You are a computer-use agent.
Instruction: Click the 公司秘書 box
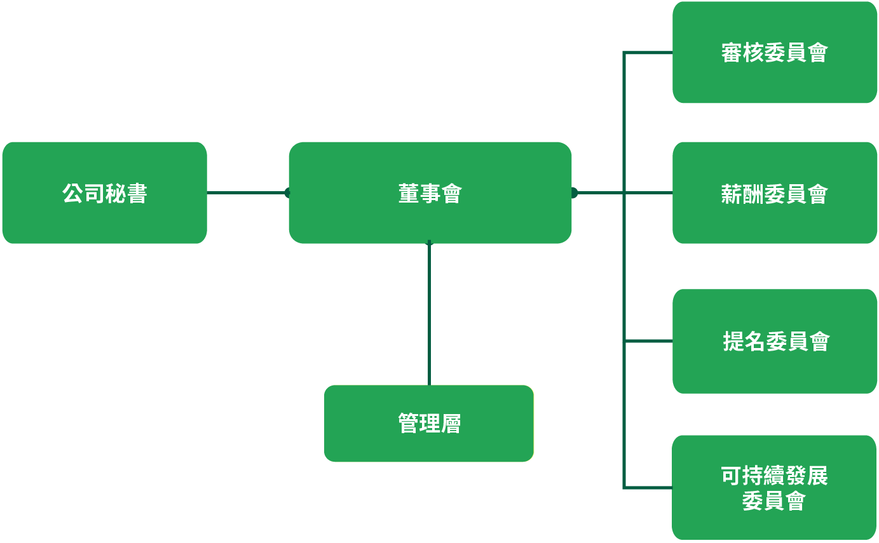tap(104, 192)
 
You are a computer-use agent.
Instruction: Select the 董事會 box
tap(430, 192)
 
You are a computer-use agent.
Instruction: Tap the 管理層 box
tap(429, 424)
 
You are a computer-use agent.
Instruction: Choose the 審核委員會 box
tap(775, 52)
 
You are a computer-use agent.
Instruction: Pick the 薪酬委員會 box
tap(775, 192)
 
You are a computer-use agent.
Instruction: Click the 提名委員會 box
tap(775, 341)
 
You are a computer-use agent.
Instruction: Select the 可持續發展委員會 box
tap(774, 487)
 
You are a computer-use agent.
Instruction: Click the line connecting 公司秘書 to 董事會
tap(248, 192)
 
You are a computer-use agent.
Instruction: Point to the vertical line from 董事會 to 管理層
tap(429, 314)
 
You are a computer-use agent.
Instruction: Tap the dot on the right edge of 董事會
tap(575, 192)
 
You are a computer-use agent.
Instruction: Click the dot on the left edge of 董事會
tap(287, 192)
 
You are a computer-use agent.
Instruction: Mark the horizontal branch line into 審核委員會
tap(648, 52)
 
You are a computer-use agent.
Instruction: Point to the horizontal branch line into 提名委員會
tap(648, 341)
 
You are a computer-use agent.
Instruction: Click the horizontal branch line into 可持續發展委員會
tap(648, 487)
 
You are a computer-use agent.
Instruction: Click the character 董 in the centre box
tap(409, 193)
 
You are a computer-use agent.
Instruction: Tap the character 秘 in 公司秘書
tap(116, 193)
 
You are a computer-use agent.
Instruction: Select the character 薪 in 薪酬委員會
tap(732, 194)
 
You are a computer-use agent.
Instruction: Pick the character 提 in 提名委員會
tap(733, 342)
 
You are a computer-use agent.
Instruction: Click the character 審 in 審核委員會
tap(732, 53)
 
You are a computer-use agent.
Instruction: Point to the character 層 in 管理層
tap(451, 424)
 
